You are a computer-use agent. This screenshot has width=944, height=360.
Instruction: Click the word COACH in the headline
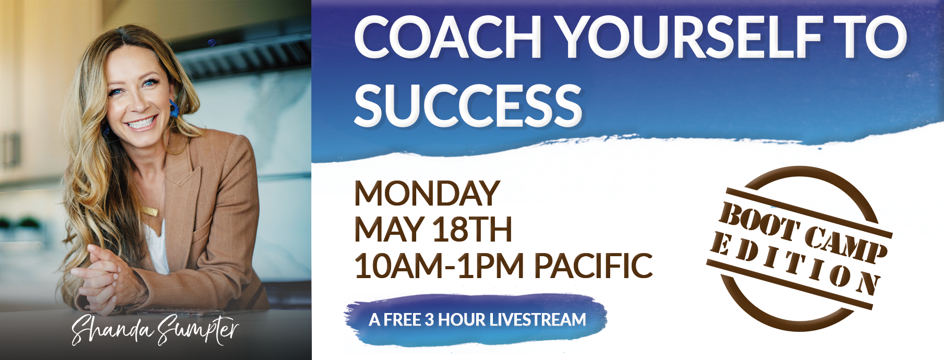point(447,37)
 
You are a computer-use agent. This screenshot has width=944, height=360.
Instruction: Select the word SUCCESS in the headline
point(468,105)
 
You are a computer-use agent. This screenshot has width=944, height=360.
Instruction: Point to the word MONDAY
point(427,194)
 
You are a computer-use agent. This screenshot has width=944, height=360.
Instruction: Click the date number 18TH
point(473,230)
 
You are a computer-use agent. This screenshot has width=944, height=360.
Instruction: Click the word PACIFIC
point(593,266)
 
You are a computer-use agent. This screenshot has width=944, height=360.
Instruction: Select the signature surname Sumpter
point(198,329)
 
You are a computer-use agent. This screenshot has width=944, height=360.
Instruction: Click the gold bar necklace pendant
point(150,212)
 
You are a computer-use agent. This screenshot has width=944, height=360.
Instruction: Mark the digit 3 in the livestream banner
point(429,319)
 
